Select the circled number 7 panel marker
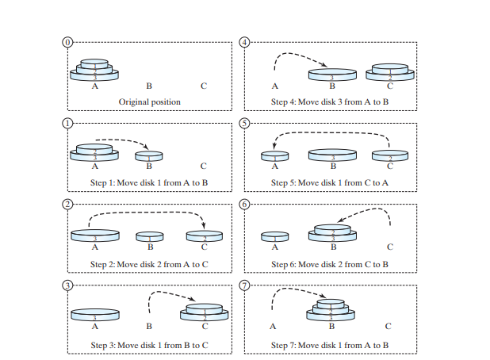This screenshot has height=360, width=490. point(244,285)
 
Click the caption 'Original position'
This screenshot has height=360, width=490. point(149,102)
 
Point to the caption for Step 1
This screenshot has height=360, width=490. point(149,183)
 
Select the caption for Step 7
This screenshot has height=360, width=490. point(329,346)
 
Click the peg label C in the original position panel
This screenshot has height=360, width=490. point(203,86)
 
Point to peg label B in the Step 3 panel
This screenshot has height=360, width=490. point(149,326)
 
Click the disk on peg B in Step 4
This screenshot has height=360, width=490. point(333,74)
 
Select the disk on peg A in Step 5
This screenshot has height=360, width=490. point(274,155)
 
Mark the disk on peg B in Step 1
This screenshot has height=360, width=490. point(149,155)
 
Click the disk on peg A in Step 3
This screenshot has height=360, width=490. point(94,315)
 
